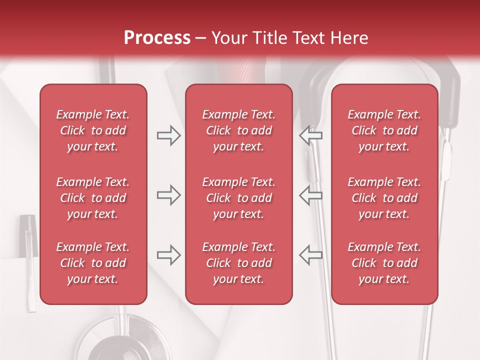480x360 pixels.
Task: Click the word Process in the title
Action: [157, 38]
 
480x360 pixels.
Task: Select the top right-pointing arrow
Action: [168, 135]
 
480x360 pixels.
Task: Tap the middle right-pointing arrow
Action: [168, 195]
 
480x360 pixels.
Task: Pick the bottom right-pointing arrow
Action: [168, 255]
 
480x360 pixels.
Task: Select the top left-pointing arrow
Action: [311, 135]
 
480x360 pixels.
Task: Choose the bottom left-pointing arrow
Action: [311, 255]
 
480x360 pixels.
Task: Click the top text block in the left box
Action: [93, 130]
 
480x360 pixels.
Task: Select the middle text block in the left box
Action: [93, 198]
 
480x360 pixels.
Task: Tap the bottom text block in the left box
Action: [93, 263]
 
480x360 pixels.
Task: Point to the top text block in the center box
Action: [238, 130]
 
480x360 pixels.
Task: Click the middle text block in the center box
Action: [238, 198]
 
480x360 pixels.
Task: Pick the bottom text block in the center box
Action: [238, 263]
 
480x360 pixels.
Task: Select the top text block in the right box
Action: [384, 130]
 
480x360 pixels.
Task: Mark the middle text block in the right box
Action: [384, 198]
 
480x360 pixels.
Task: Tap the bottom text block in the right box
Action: [384, 263]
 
